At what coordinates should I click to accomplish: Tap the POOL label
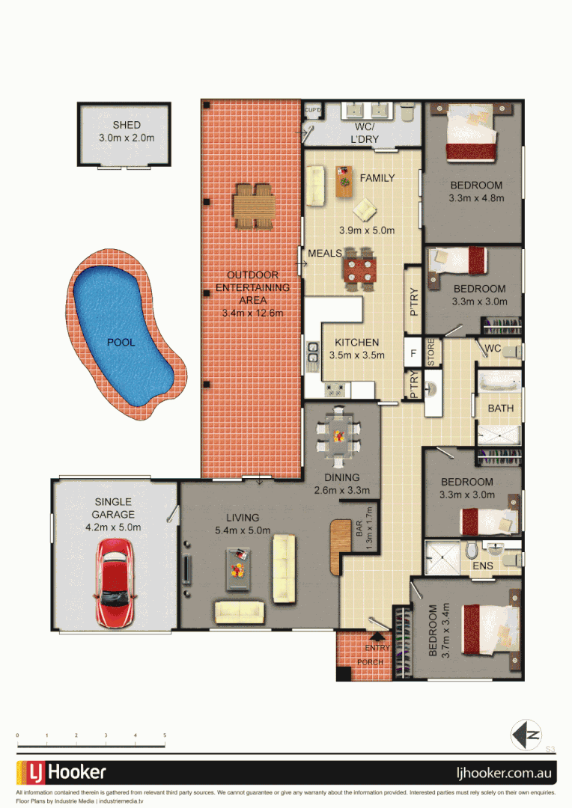tap(121, 342)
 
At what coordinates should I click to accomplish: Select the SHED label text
tap(127, 125)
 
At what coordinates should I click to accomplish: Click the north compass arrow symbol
tap(526, 734)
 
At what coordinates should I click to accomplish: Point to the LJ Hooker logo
tap(62, 772)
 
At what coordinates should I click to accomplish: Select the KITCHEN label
tap(356, 343)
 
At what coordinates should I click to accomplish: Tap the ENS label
tap(482, 566)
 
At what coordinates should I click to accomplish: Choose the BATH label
tap(500, 408)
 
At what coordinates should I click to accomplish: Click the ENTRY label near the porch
tap(377, 648)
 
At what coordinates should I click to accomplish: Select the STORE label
tap(431, 354)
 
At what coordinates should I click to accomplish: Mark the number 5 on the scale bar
tap(164, 736)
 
